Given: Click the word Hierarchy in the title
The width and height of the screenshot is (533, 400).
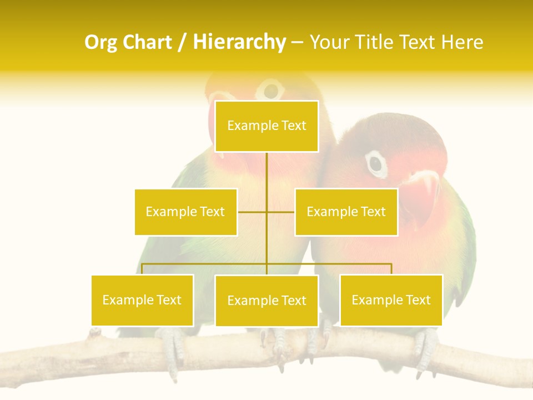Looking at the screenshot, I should tap(239, 42).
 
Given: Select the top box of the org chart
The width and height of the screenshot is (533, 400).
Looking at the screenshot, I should tap(266, 126).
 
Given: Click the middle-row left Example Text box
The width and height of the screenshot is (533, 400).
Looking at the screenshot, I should tap(185, 212).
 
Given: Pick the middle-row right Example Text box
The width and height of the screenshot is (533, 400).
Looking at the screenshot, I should tap(346, 212).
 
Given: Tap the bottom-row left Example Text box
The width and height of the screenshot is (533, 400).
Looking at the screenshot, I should tap(142, 300).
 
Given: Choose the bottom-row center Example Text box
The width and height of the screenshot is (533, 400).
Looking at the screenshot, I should tap(266, 301).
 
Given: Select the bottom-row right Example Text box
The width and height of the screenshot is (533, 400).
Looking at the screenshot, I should tap(391, 300).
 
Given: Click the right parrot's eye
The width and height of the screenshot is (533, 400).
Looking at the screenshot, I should tap(376, 163).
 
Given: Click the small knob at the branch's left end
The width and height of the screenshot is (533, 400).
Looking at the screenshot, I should tap(94, 332).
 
